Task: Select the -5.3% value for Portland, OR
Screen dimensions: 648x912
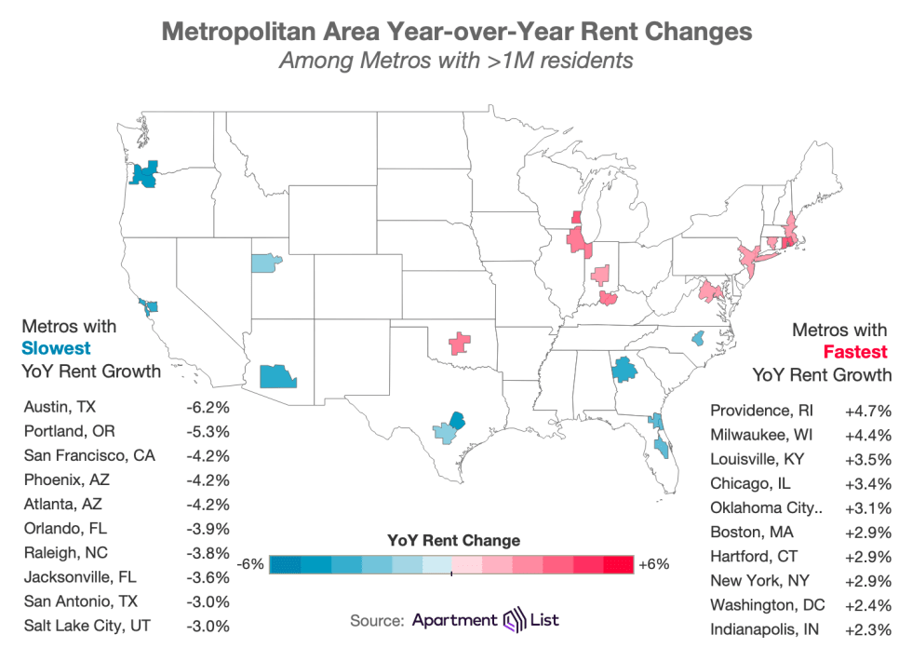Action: [208, 431]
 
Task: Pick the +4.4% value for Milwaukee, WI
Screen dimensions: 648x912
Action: [868, 435]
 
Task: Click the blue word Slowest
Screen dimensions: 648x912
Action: [57, 349]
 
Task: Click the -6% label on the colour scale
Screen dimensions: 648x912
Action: [251, 564]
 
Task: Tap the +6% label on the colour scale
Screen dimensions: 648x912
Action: [655, 564]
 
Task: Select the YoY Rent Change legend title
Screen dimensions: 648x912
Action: [453, 540]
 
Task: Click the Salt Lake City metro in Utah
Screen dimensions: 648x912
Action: [265, 262]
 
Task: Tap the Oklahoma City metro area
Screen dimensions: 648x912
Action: [459, 344]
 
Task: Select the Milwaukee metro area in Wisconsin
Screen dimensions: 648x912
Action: [576, 218]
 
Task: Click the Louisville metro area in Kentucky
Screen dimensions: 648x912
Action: [610, 298]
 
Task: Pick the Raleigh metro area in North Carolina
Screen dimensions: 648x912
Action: [698, 339]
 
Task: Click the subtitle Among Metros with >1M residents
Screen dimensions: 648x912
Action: [456, 62]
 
